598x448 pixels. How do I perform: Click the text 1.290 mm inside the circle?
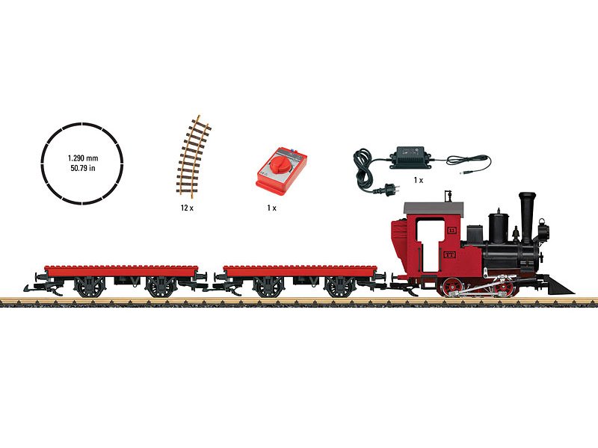[x=83, y=158]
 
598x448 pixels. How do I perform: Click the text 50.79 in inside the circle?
[x=83, y=168]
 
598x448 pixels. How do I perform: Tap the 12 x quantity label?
[x=187, y=208]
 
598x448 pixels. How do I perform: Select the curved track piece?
[x=194, y=156]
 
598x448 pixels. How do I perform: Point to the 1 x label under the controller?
[x=271, y=208]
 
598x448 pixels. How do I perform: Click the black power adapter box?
[x=410, y=157]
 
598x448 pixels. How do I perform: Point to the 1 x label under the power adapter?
[x=419, y=180]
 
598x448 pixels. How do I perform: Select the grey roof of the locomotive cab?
[x=434, y=208]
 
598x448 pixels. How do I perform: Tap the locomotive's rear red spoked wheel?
[x=452, y=287]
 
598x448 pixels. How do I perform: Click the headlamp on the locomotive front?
[x=543, y=229]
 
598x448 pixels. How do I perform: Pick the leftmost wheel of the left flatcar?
[x=90, y=287]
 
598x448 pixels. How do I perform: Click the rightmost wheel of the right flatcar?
[x=339, y=287]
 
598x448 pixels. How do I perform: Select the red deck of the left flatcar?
[x=121, y=270]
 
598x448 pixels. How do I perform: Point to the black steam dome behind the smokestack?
[x=499, y=228]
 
